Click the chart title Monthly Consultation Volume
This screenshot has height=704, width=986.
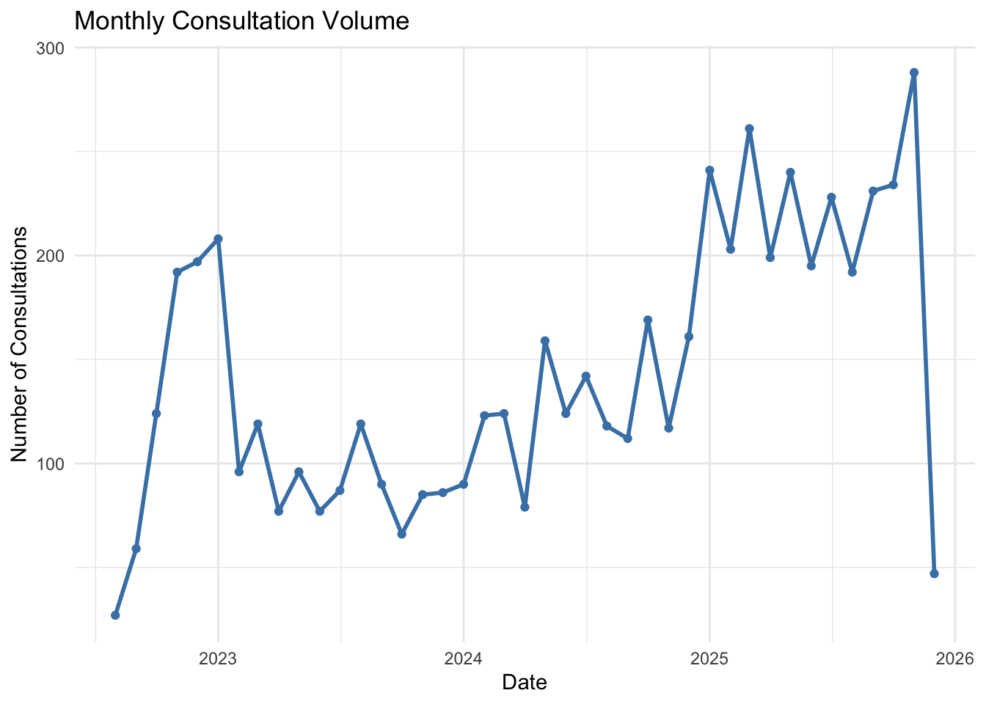point(241,21)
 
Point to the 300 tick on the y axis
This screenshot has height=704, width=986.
point(50,48)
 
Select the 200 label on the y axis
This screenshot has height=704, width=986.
point(50,256)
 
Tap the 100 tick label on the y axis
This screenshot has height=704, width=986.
point(50,463)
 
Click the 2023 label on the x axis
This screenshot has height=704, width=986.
point(218,659)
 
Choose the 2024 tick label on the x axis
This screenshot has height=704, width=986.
point(464,659)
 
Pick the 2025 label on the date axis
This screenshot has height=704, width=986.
point(709,659)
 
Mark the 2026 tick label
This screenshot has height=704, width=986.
point(954,659)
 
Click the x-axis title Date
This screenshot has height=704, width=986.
point(525,683)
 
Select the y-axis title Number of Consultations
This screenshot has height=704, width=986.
point(19,344)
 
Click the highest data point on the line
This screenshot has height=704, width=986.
point(914,73)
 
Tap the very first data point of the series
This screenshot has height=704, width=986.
point(115,615)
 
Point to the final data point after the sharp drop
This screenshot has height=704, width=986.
point(934,573)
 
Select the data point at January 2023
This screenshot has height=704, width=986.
point(218,239)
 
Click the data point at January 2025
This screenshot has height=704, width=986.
point(709,170)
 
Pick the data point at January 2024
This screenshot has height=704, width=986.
point(464,484)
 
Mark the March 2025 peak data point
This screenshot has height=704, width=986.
point(749,129)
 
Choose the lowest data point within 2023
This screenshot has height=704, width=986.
point(401,534)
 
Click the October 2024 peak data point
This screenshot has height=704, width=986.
point(648,320)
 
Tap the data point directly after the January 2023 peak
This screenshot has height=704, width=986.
point(239,472)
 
